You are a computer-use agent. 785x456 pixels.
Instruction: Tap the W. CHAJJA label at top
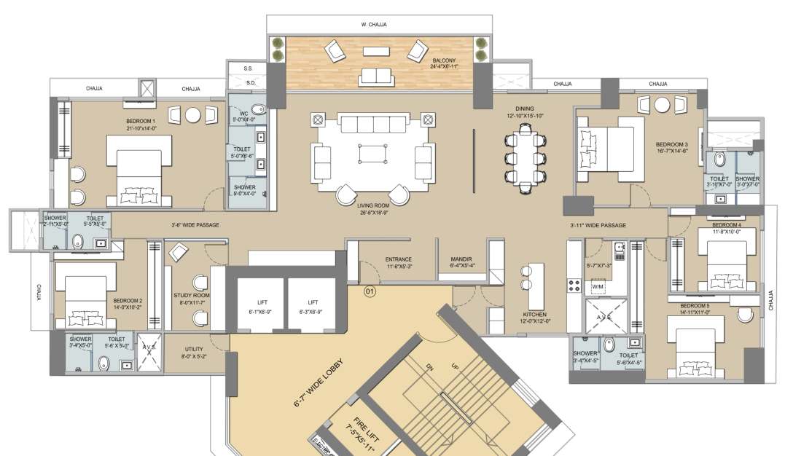(x=373, y=24)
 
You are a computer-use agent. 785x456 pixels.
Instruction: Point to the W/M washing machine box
(x=598, y=288)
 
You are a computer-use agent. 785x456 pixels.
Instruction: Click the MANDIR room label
(x=462, y=262)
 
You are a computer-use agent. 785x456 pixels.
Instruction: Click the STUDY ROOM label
(x=191, y=299)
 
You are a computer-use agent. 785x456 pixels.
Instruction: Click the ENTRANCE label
(x=399, y=262)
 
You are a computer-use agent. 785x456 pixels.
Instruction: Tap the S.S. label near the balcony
(x=248, y=68)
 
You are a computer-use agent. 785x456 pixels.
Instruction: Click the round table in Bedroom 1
(x=193, y=115)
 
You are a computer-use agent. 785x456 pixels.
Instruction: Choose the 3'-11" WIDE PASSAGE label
(x=598, y=225)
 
